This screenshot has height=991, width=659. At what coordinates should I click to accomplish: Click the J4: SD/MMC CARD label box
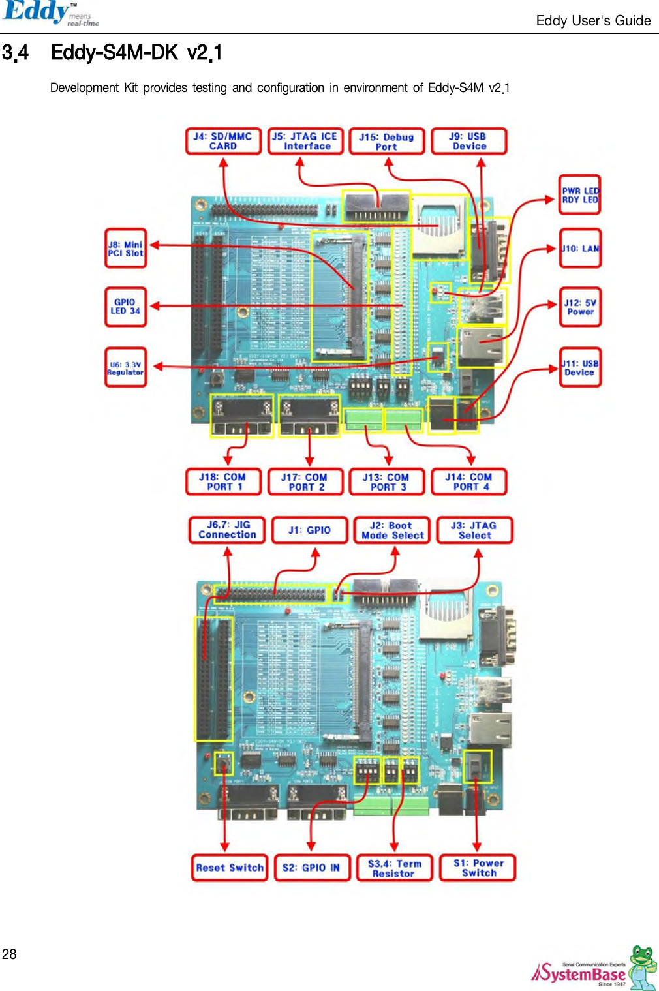point(223,141)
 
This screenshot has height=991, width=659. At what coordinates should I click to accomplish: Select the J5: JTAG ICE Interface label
point(305,141)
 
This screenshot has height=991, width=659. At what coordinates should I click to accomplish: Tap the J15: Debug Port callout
point(386,142)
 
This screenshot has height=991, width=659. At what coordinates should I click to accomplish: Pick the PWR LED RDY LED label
point(580,195)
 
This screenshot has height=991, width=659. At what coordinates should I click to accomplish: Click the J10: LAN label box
point(580,249)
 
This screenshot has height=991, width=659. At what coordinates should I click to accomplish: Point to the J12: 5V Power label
point(580,307)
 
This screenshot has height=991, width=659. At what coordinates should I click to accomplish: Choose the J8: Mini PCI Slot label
point(125,249)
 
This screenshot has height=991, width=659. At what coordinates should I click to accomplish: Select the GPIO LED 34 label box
point(125,307)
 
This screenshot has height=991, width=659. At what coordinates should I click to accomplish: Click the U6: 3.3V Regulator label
point(125,368)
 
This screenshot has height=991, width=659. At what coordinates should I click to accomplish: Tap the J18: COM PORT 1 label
point(223,482)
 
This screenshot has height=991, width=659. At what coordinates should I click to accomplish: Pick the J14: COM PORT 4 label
point(469,482)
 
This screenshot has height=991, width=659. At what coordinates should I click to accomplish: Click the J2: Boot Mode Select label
point(392,530)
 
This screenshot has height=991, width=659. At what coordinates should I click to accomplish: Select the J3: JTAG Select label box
point(474,530)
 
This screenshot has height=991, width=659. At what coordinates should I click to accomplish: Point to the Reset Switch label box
point(230,868)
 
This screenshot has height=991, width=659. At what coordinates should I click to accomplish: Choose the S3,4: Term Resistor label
point(394,868)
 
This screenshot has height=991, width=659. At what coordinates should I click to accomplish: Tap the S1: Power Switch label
point(478,868)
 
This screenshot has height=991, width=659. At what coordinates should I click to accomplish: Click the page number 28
point(9,954)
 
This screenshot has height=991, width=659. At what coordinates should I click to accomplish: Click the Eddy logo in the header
point(50,14)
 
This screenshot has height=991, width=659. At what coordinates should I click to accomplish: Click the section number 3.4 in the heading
point(16,53)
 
